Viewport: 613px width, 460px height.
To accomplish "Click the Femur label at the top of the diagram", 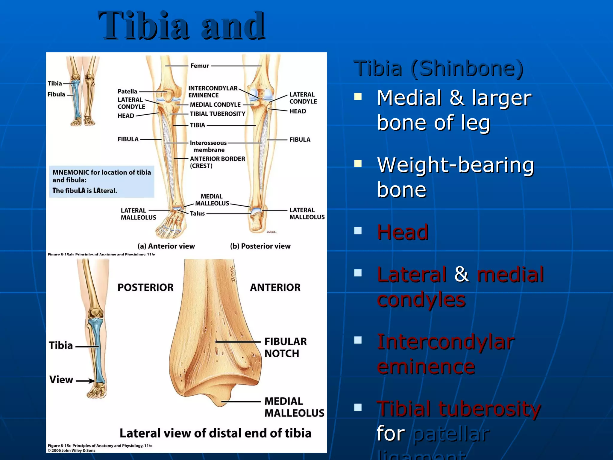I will (x=200, y=66).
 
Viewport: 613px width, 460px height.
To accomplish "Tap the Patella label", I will (x=127, y=91).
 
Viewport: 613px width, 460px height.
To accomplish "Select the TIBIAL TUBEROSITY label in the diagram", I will (x=217, y=114).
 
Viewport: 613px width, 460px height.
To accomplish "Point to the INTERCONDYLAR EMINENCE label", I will (x=213, y=92).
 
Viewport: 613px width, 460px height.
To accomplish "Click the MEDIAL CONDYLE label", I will (x=215, y=105).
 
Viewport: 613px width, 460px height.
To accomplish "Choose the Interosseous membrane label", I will (x=208, y=146).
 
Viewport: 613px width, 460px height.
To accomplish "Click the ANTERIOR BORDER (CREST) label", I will (x=217, y=162).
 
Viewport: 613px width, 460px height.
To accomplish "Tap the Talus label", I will (x=197, y=214).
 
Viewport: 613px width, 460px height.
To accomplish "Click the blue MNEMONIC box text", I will (x=101, y=181).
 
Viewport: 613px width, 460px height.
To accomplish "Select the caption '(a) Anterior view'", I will (x=166, y=246).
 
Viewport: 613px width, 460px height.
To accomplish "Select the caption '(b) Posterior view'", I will (x=260, y=246).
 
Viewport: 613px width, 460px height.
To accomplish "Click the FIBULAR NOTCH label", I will (x=285, y=347).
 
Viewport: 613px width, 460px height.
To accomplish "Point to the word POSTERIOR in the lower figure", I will (x=145, y=287).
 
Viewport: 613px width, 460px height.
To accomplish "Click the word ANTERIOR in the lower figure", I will (x=275, y=287).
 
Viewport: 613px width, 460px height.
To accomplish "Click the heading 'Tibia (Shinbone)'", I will (x=438, y=68).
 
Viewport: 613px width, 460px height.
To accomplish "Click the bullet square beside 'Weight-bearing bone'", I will (x=358, y=164).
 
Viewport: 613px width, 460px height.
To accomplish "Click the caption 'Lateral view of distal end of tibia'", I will (x=216, y=433).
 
